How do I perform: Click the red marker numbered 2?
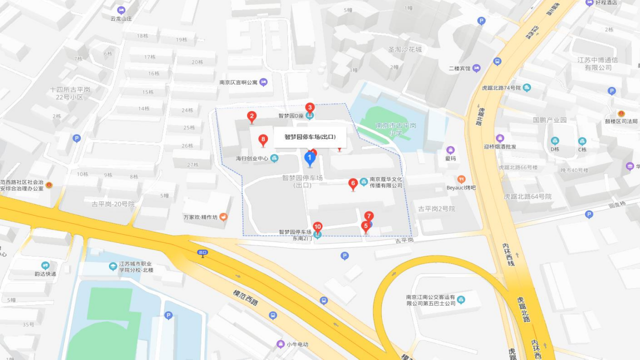(252, 117)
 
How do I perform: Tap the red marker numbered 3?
(310, 107)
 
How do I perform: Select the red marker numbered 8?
(263, 139)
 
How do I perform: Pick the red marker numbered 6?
(353, 183)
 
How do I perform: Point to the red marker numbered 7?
(369, 216)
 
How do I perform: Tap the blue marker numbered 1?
(310, 158)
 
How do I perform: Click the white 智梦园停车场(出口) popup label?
(310, 137)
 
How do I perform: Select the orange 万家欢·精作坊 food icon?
(223, 217)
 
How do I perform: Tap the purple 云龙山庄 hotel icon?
(121, 10)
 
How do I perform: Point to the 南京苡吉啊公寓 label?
(238, 82)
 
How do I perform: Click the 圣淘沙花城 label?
(405, 49)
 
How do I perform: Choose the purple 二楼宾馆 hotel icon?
(476, 68)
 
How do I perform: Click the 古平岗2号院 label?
(436, 208)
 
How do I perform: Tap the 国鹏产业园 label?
(550, 120)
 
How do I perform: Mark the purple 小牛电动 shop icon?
(280, 344)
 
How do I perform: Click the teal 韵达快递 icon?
(45, 265)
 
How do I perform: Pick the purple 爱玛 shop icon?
(450, 150)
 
